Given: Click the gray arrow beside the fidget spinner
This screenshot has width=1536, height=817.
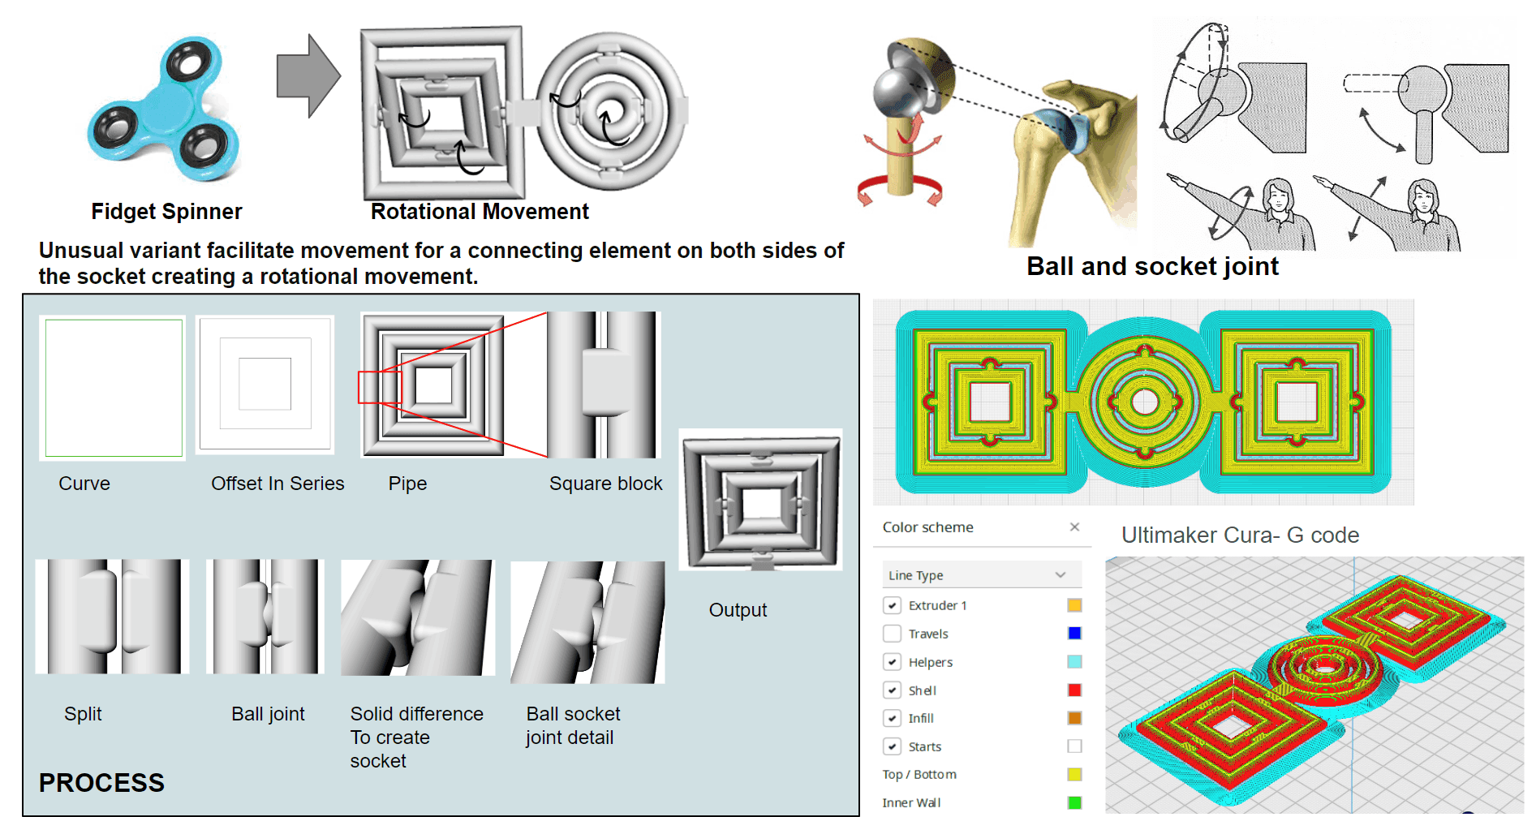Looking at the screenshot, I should pyautogui.click(x=307, y=76).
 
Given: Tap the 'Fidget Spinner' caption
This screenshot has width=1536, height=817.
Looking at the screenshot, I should pyautogui.click(x=166, y=212).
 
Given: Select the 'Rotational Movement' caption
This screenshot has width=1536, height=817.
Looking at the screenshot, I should pyautogui.click(x=479, y=212).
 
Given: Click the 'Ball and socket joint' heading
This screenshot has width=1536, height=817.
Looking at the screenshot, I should pyautogui.click(x=1151, y=266).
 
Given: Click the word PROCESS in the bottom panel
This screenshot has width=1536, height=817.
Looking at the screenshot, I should pyautogui.click(x=101, y=783).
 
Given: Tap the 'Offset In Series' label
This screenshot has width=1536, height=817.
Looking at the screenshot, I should pyautogui.click(x=278, y=484).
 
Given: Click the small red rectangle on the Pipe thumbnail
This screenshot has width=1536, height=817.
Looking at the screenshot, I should pyautogui.click(x=380, y=387).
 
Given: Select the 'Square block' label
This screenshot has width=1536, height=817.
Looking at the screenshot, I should pyautogui.click(x=605, y=484).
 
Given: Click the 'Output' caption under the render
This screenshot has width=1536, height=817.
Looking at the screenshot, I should pyautogui.click(x=737, y=610).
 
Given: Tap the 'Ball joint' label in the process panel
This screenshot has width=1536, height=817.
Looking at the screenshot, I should pyautogui.click(x=268, y=714).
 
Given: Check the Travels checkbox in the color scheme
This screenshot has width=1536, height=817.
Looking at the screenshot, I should pyautogui.click(x=892, y=634).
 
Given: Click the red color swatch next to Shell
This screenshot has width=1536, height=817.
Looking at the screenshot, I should pyautogui.click(x=1074, y=690).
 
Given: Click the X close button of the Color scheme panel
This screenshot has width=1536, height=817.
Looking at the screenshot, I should pyautogui.click(x=1074, y=527).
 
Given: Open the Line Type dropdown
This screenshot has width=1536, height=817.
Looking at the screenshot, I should pyautogui.click(x=982, y=575).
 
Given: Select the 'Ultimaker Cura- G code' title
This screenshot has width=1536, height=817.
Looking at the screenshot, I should pyautogui.click(x=1239, y=535).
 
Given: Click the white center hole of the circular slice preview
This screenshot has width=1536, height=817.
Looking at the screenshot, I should pyautogui.click(x=1144, y=401).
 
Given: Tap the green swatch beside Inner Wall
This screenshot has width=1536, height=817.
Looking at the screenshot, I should pyautogui.click(x=1074, y=802).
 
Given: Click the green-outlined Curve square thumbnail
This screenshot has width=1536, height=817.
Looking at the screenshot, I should pyautogui.click(x=114, y=388).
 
